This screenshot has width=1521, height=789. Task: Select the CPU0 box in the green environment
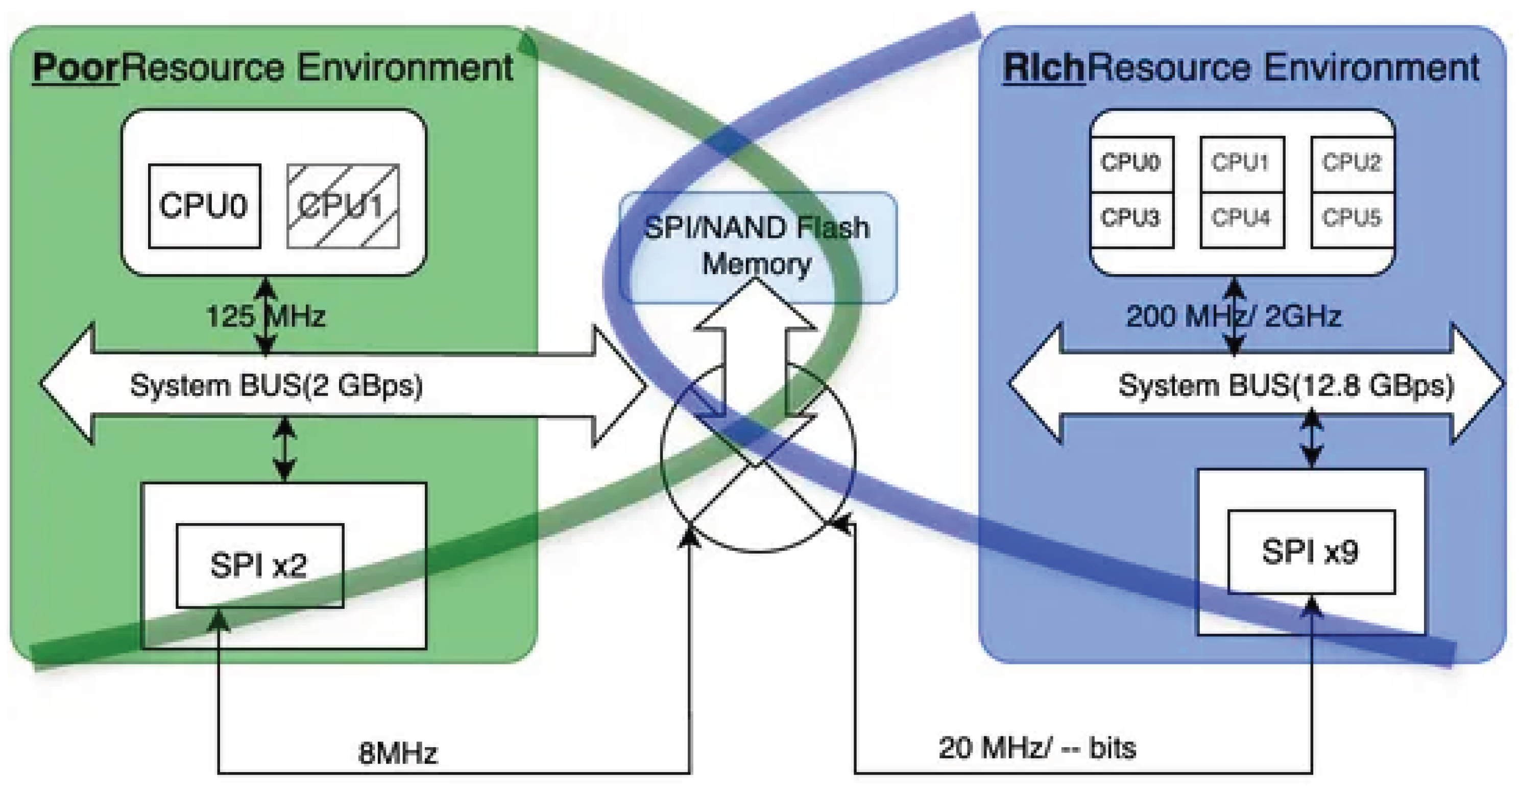[204, 206]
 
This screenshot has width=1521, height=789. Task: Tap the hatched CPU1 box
[343, 206]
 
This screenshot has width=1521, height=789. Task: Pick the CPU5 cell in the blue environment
[1352, 218]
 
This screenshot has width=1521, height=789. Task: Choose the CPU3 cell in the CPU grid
[1131, 218]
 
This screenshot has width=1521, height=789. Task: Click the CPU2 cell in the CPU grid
[1352, 163]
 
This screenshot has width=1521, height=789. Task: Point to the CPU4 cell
[1242, 218]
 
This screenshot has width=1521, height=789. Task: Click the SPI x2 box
[260, 565]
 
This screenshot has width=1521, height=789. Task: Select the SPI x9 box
[1311, 552]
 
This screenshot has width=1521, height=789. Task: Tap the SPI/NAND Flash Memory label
[757, 245]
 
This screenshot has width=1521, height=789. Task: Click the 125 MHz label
[265, 316]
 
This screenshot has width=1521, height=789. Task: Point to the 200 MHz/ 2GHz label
[1234, 316]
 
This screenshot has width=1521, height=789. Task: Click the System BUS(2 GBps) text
[276, 385]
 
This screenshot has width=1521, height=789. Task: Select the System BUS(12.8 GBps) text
[1286, 385]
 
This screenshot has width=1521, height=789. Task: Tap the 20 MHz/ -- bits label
[1037, 748]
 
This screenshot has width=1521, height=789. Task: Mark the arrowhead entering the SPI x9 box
[1311, 605]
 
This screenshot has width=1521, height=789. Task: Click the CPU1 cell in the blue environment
[1242, 163]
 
